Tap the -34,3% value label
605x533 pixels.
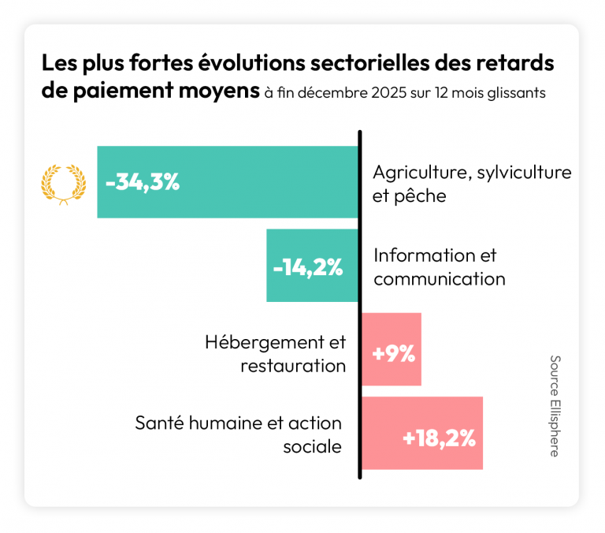(x=143, y=183)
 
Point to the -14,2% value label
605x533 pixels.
(x=308, y=267)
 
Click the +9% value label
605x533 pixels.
(x=393, y=354)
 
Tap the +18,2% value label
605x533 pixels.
(x=439, y=438)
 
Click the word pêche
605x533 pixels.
(x=420, y=196)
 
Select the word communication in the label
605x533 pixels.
(x=439, y=279)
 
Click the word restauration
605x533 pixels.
(x=293, y=366)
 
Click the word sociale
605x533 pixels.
(x=314, y=446)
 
